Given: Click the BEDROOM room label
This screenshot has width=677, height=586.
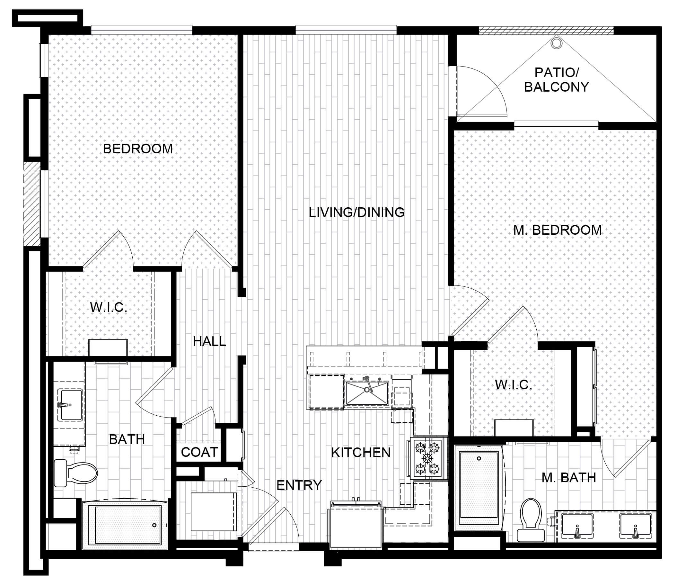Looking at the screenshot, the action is pos(137,149).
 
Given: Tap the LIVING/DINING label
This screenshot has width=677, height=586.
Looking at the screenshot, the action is pos(356,212).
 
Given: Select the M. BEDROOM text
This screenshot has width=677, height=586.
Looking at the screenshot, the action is pos(558,230).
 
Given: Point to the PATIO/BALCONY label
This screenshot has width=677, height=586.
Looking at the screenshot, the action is pos(557,79).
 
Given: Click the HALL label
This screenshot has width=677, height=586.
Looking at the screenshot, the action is pos(209,341).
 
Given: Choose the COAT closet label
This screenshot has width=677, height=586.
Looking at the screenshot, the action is pos(199,452).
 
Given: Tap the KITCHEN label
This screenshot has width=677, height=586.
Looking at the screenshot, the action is pos(361,453).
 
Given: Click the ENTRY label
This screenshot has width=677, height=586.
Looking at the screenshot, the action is pos(299,485).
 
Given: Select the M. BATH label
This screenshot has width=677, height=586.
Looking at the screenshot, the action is pos(569,478).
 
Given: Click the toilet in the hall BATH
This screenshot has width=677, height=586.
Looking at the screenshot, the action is pos(76,473).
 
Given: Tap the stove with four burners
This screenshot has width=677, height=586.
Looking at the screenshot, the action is pos(427,458).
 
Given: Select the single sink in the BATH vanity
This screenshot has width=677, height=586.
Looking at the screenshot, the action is pos(70,405).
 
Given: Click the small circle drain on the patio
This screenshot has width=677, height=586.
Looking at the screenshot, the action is pos(556,43).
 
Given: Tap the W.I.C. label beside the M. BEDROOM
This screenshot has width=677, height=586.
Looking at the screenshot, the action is pos(513,385).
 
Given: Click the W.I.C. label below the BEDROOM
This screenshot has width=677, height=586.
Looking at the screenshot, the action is pos(109,307).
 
